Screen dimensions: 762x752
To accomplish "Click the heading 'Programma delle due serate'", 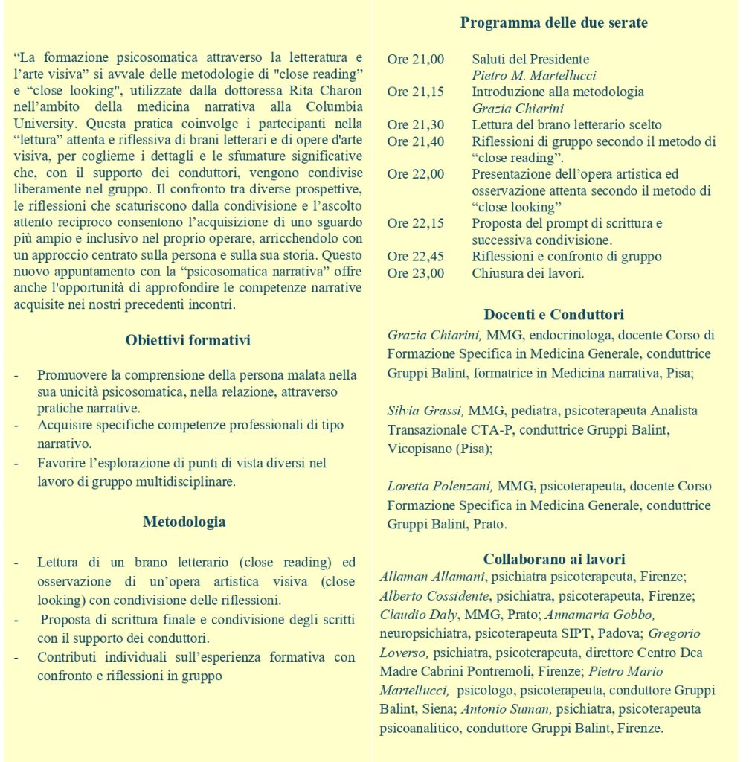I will pos(553,22).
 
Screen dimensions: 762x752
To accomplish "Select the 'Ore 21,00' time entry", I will pos(415,60).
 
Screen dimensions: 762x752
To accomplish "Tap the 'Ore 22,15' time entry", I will pos(415,223).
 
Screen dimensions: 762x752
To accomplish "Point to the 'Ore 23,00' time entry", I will pos(415,273).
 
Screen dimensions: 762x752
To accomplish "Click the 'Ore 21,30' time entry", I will pos(415,125).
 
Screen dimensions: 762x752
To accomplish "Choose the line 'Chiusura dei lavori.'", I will pos(527,273).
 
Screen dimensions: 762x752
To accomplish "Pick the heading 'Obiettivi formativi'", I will pos(187,341).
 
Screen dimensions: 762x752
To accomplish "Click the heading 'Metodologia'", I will pos(184,522).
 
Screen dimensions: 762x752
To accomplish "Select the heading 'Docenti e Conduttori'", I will pos(553,315).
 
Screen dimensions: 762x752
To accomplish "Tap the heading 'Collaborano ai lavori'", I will pos(553,559).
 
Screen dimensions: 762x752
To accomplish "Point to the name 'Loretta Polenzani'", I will pos(439,487).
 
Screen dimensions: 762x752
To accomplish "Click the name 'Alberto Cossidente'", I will pos(434,596).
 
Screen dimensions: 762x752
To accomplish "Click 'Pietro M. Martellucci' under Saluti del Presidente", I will pos(533,76).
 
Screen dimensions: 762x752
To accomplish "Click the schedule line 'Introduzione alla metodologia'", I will pos(557,92).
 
